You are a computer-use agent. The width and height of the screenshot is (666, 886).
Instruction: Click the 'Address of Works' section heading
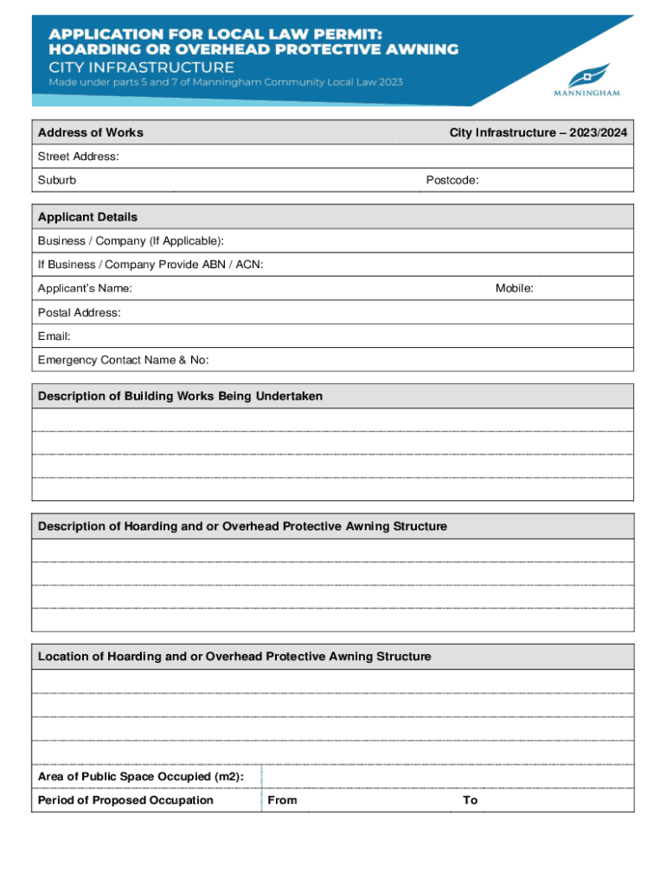[x=91, y=132]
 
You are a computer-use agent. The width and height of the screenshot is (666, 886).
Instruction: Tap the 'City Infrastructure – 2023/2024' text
[x=538, y=132]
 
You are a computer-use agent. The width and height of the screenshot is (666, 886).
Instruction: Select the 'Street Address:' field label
[x=79, y=157]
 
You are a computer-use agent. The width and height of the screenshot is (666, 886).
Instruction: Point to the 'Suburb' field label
[x=57, y=180]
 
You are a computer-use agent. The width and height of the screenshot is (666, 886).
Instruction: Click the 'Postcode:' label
[x=452, y=180]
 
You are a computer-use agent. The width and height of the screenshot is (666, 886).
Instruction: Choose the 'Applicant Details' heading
[x=87, y=216]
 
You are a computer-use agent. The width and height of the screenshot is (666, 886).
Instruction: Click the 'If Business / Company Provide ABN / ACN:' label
[x=150, y=264]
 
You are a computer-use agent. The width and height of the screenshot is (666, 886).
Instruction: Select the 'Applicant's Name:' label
[x=85, y=288]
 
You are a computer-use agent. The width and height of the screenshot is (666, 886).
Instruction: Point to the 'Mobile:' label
[x=514, y=288]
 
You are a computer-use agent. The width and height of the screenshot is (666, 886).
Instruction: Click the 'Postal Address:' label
[x=80, y=312]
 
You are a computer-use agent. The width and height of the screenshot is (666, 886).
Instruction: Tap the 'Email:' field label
[x=54, y=336]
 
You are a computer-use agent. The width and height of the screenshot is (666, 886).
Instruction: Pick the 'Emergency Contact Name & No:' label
[x=123, y=360]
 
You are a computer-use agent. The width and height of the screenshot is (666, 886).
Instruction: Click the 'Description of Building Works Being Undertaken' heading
[x=180, y=396]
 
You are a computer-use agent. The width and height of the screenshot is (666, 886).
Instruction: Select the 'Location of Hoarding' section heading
[x=234, y=657]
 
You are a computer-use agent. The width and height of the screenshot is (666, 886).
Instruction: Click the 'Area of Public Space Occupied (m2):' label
[x=141, y=777]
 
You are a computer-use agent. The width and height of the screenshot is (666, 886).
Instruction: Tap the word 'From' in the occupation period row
[x=282, y=800]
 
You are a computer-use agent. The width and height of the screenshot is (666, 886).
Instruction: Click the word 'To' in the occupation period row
[x=470, y=800]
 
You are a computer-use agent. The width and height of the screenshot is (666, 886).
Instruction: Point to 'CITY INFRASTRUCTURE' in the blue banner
[x=141, y=67]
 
